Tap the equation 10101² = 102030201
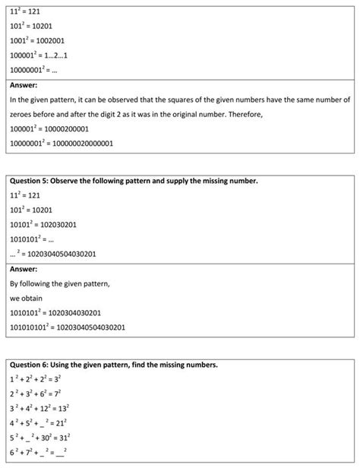(44, 224)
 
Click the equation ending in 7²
(36, 394)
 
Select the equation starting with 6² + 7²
(38, 453)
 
